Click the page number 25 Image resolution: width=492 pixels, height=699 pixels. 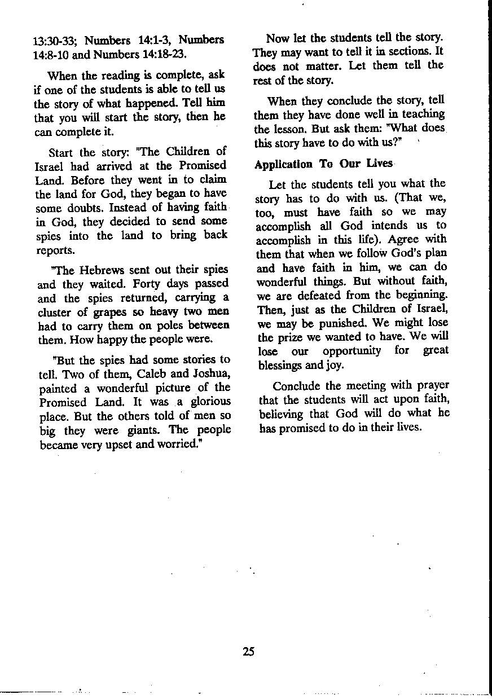pos(249,652)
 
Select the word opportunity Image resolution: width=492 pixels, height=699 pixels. pos(352,351)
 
